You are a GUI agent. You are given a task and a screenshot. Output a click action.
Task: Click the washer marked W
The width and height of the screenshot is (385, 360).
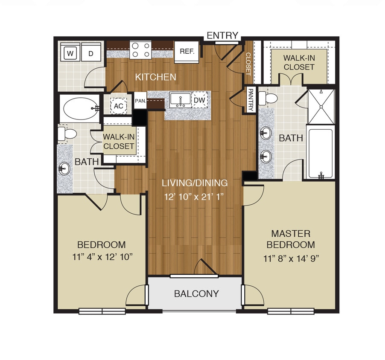point(70,54)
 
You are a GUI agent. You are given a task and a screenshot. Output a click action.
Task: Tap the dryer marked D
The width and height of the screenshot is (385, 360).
point(90,54)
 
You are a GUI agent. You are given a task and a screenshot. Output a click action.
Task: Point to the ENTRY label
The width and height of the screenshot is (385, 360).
point(222,35)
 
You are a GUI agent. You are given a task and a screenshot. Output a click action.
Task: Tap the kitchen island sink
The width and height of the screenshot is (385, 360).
point(180,100)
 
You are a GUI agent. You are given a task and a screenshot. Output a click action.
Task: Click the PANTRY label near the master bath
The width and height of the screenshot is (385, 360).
point(251,100)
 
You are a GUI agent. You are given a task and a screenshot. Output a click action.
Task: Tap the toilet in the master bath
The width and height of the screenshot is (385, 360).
point(268,98)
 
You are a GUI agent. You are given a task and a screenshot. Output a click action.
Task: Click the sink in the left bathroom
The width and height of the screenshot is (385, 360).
point(64,168)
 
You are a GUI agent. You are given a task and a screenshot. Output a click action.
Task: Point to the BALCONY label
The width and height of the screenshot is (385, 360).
point(196,293)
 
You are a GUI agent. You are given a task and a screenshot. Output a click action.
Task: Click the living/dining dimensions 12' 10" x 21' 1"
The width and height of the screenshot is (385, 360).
point(194,197)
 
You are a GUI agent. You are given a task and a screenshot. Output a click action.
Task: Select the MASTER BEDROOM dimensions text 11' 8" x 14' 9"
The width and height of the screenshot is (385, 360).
point(291,259)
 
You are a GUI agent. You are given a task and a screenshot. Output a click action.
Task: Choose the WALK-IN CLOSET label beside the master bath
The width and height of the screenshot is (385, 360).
point(299,62)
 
